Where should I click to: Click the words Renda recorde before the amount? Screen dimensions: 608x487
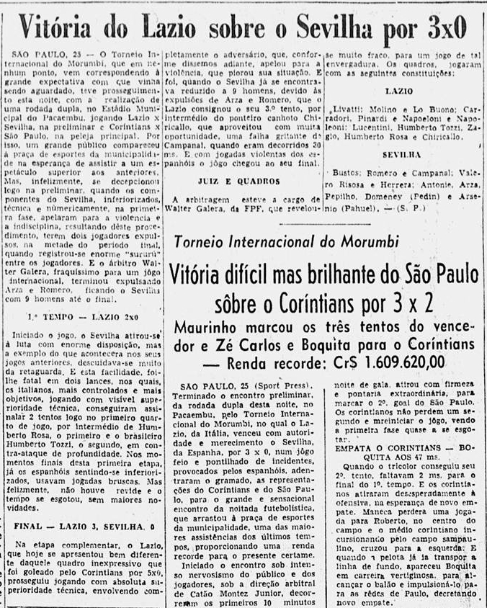pos(264,362)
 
